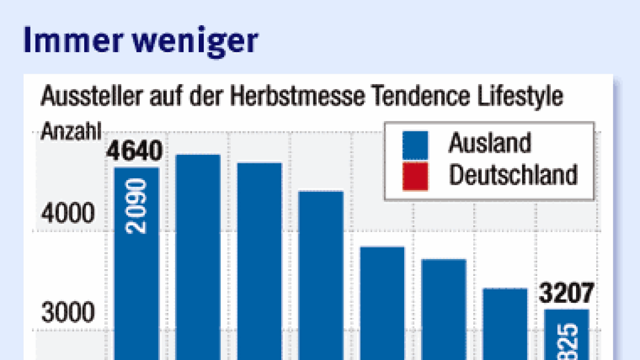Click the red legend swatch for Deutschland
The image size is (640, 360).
pos(415,176)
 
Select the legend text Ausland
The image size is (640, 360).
pos(489,143)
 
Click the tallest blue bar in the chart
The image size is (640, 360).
pos(198,258)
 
